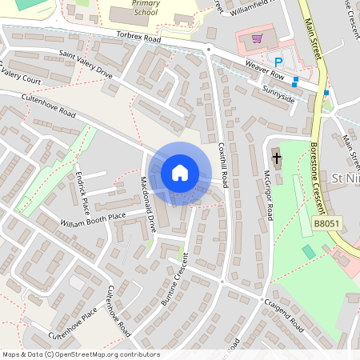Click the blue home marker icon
pos(180,173)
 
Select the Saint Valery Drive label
pos(86,64)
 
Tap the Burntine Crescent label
pos(174,279)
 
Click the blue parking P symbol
pos(278,62)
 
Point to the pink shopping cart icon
pos(257,38)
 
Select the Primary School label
pos(145,8)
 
